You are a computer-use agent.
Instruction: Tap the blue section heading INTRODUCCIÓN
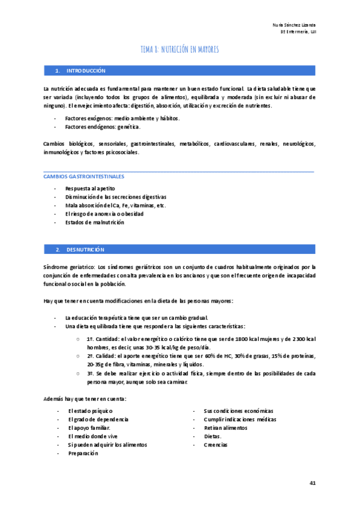coord(86,71)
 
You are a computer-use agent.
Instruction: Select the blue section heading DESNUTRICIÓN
coord(85,249)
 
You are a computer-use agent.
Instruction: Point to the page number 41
coord(312,483)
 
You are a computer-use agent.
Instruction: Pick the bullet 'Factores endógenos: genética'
coord(103,127)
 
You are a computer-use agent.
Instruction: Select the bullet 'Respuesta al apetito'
coord(90,188)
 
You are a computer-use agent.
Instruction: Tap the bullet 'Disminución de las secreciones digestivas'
coord(116,197)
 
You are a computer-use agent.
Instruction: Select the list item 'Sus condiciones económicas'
coord(238,411)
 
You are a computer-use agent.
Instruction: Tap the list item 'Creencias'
coord(216,445)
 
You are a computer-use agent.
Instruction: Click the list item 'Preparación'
coord(83,453)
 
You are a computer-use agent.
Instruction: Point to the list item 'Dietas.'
coord(212,436)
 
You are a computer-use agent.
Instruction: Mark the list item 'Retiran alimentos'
coord(225,428)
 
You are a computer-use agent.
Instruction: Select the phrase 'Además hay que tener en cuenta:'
coord(85,399)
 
